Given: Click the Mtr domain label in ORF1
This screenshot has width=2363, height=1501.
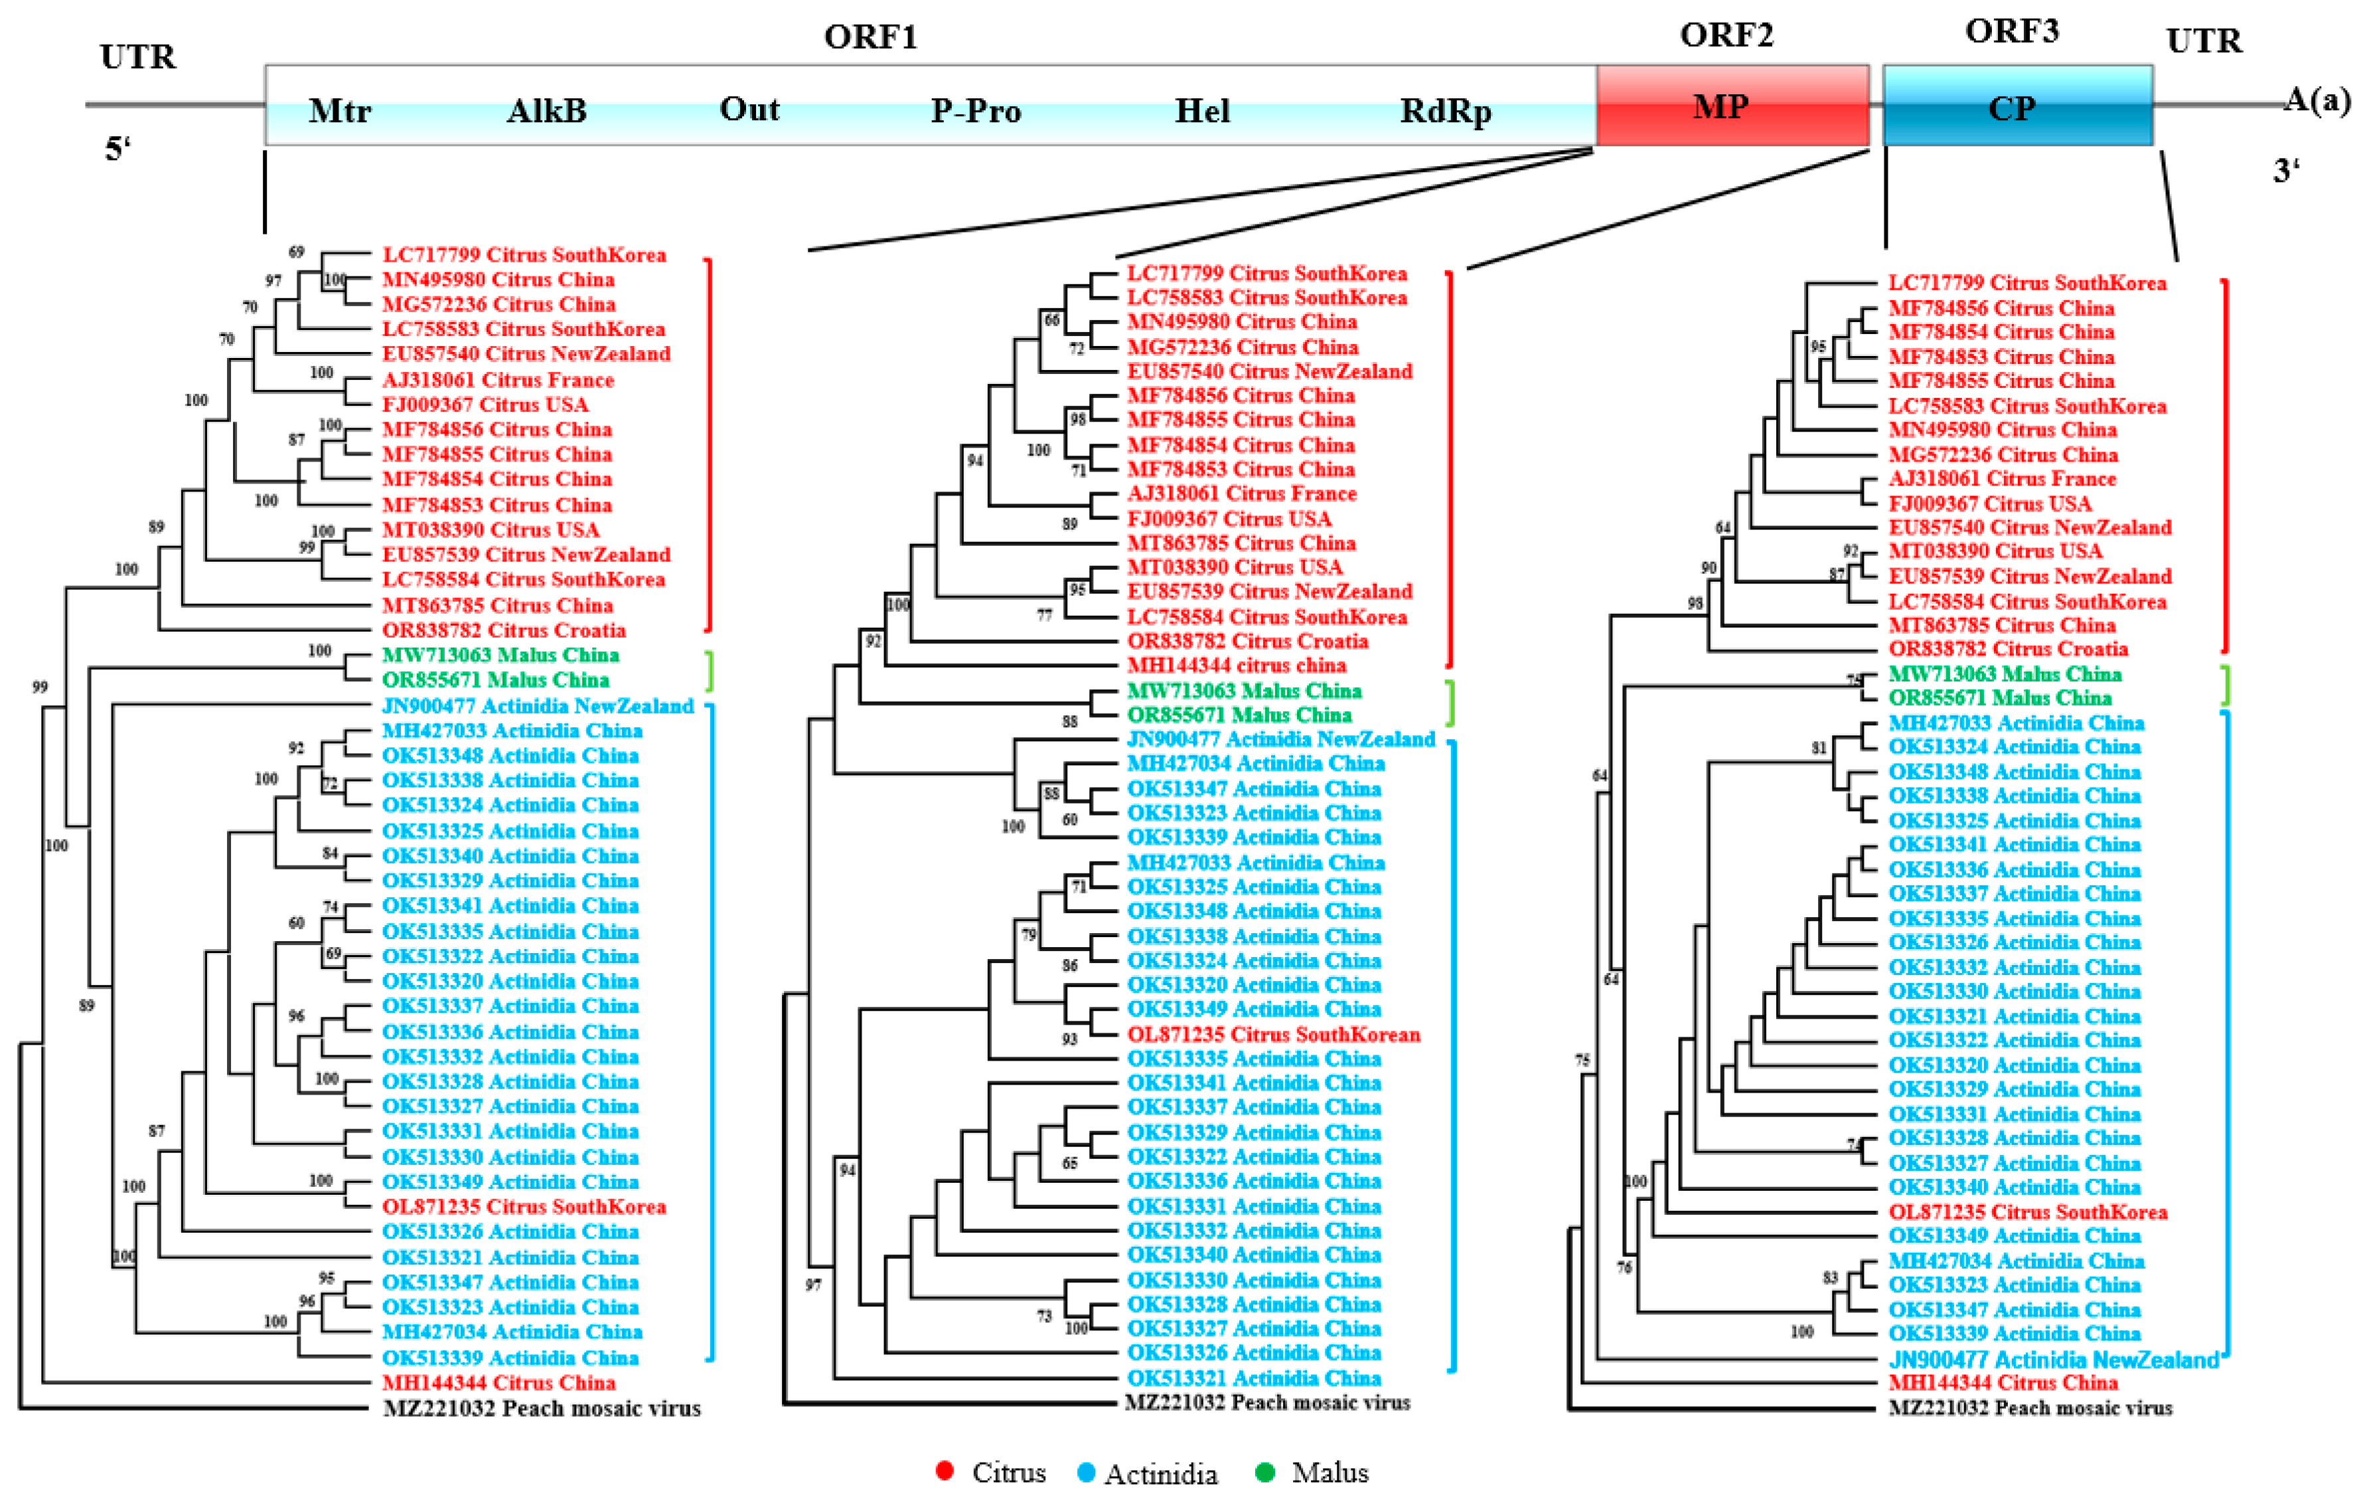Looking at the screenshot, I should pyautogui.click(x=340, y=110).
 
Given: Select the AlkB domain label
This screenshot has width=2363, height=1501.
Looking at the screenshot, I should pyautogui.click(x=546, y=110).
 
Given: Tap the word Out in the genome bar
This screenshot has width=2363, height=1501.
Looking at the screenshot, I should pyautogui.click(x=750, y=108).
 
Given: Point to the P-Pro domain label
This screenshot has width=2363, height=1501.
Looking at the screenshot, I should pyautogui.click(x=976, y=110).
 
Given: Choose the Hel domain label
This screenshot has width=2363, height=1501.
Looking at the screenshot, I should pyautogui.click(x=1202, y=110).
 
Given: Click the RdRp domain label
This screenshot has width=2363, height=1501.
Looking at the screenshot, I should pyautogui.click(x=1446, y=110).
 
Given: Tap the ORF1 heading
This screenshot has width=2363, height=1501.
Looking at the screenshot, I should pyautogui.click(x=870, y=37).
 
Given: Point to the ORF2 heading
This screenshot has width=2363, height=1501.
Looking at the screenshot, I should pyautogui.click(x=1726, y=35).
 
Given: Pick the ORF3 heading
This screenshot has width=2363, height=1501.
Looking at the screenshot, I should pyautogui.click(x=2012, y=31).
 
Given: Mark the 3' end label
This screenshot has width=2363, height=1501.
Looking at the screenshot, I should pyautogui.click(x=2287, y=170).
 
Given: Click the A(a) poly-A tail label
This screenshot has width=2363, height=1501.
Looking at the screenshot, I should pyautogui.click(x=2317, y=99).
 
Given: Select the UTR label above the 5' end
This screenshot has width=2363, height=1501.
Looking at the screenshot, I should pyautogui.click(x=138, y=57).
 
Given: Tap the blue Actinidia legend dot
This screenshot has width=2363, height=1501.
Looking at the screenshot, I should pyautogui.click(x=1085, y=1472).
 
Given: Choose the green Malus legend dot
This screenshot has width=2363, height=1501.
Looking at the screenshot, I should pyautogui.click(x=1265, y=1472).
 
